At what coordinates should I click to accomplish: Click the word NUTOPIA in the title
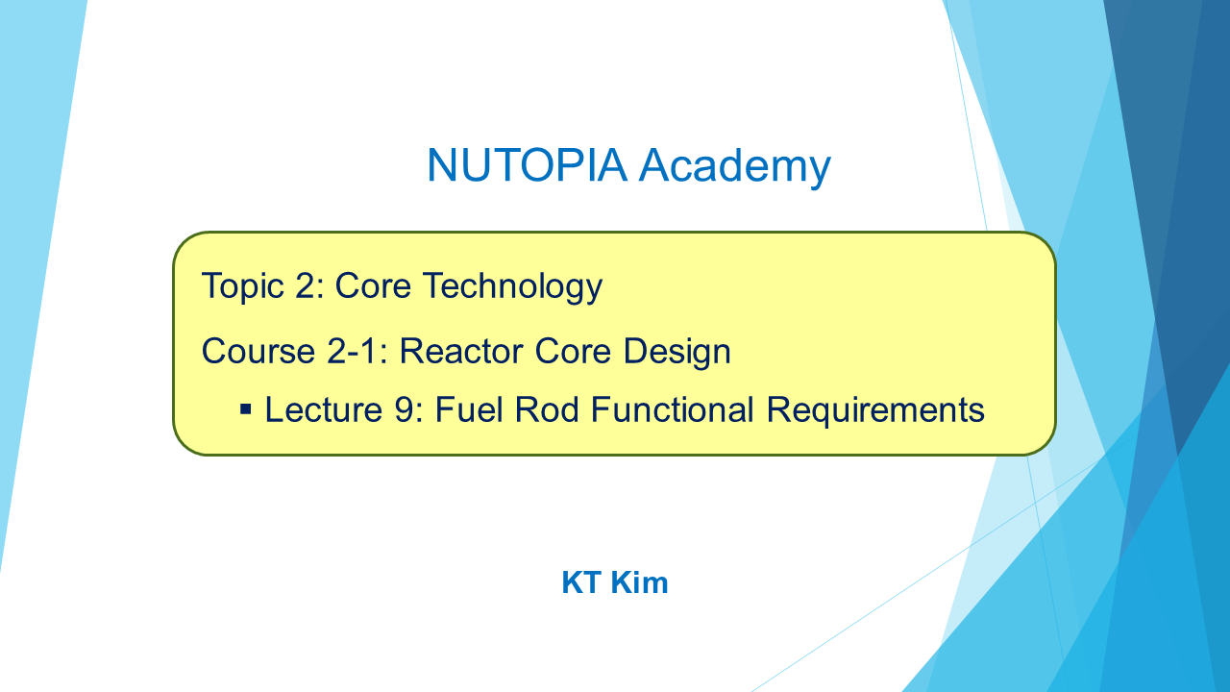pyautogui.click(x=528, y=164)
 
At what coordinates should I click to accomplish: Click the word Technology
pyautogui.click(x=512, y=286)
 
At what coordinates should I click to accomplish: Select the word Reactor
pyautogui.click(x=461, y=352)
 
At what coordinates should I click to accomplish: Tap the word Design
pyautogui.click(x=677, y=352)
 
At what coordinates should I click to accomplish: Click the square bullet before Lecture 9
pyautogui.click(x=246, y=409)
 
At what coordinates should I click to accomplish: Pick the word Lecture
pyautogui.click(x=324, y=410)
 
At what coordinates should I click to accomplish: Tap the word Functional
pyautogui.click(x=673, y=409)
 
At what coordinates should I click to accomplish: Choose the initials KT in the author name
pyautogui.click(x=581, y=582)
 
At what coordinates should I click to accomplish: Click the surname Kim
pyautogui.click(x=639, y=582)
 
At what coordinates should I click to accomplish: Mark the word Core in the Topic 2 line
pyautogui.click(x=374, y=286)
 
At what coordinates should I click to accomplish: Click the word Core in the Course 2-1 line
pyautogui.click(x=573, y=352)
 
